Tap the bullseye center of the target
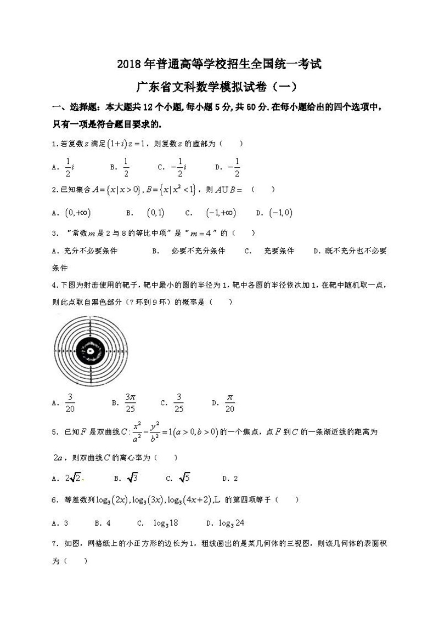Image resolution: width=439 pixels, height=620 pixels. coord(89,349)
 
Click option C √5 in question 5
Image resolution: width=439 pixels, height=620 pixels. coord(184,478)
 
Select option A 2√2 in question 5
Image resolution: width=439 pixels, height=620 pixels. coord(74,478)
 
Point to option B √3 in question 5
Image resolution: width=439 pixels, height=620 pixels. coord(132,478)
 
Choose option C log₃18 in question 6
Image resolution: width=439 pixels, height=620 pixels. coord(164,522)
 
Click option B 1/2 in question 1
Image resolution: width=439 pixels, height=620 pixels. coord(126,167)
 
